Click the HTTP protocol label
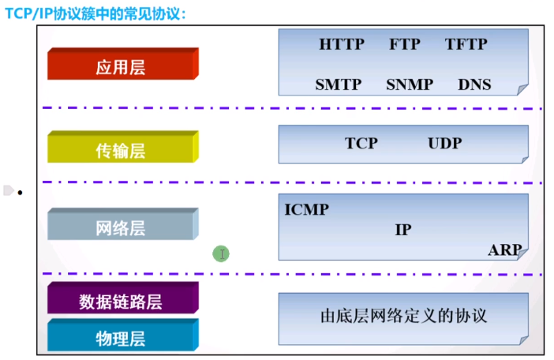click(342, 44)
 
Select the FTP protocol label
click(404, 44)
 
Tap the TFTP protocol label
click(466, 44)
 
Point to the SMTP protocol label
click(338, 84)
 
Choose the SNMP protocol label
click(410, 84)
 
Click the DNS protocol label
click(474, 84)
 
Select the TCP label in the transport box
click(361, 144)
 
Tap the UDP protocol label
click(444, 144)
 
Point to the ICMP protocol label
click(306, 210)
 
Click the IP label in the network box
click(402, 231)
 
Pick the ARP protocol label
click(504, 250)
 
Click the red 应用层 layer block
click(121, 66)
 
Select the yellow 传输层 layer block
click(121, 149)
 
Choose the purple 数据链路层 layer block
click(121, 301)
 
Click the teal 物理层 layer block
click(121, 338)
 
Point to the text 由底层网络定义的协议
click(403, 316)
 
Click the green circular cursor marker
click(222, 253)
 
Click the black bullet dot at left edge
click(21, 193)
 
